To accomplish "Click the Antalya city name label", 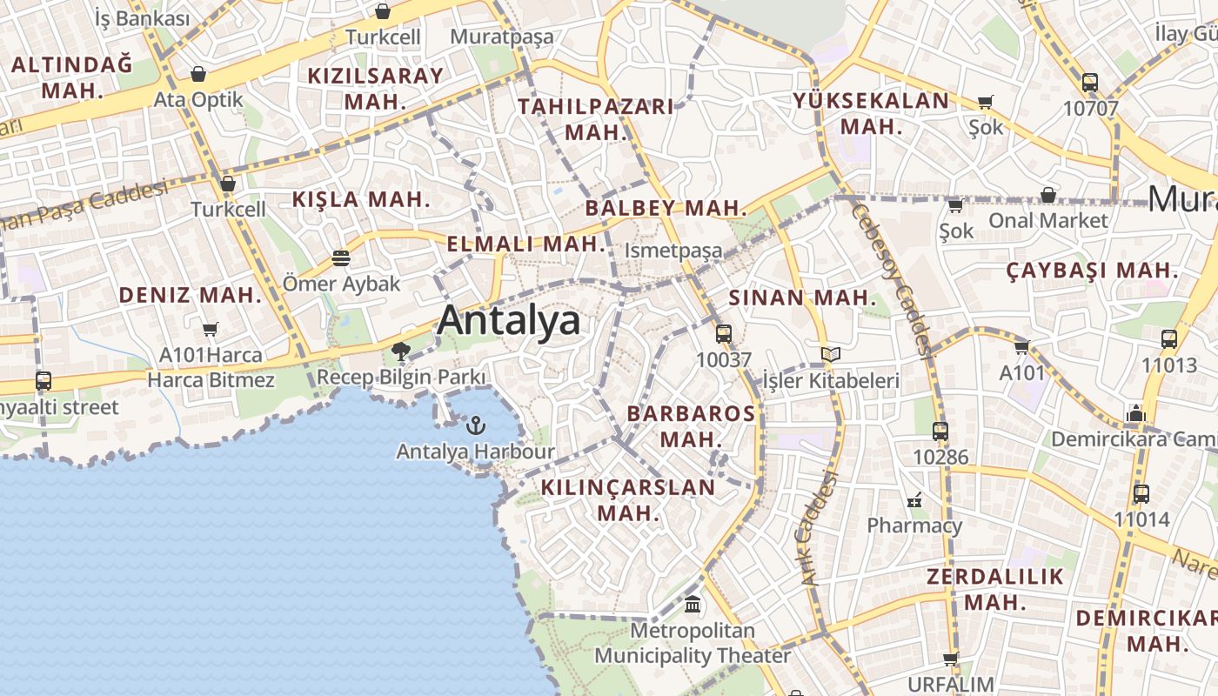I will tap(509, 320).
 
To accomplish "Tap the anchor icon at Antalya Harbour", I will tap(475, 425).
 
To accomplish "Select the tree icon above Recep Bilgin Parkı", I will tap(401, 351).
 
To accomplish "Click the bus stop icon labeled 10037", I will tap(723, 333).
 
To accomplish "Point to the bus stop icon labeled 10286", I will tap(940, 431).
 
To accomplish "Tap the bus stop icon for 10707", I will tap(1090, 83).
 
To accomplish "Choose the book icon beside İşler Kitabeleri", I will tap(831, 354).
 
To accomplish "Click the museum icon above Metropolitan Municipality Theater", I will tap(693, 603).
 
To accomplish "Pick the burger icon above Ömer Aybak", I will tap(341, 258).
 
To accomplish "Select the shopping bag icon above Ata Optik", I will tap(198, 74).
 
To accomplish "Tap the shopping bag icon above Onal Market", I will tap(1048, 195).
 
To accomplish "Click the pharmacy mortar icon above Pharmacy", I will tap(914, 500).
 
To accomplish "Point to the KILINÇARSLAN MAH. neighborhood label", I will tap(628, 499).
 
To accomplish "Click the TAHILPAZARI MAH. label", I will tap(596, 119).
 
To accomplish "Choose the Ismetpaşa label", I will tap(673, 251).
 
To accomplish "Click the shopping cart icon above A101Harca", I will tap(210, 329).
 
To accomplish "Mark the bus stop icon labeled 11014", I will tap(1141, 494).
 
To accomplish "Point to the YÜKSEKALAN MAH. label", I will tap(871, 113).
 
